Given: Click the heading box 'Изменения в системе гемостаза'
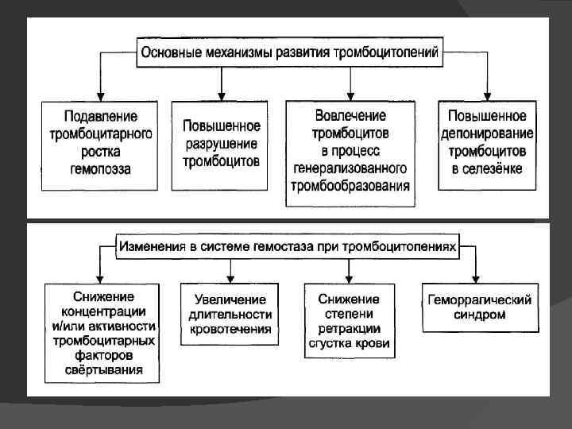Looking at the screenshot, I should pyautogui.click(x=288, y=246).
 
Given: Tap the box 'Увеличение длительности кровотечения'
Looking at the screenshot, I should pyautogui.click(x=230, y=314).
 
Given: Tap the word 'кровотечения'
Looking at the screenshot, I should pyautogui.click(x=230, y=328).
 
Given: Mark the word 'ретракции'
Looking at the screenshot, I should pyautogui.click(x=349, y=328).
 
